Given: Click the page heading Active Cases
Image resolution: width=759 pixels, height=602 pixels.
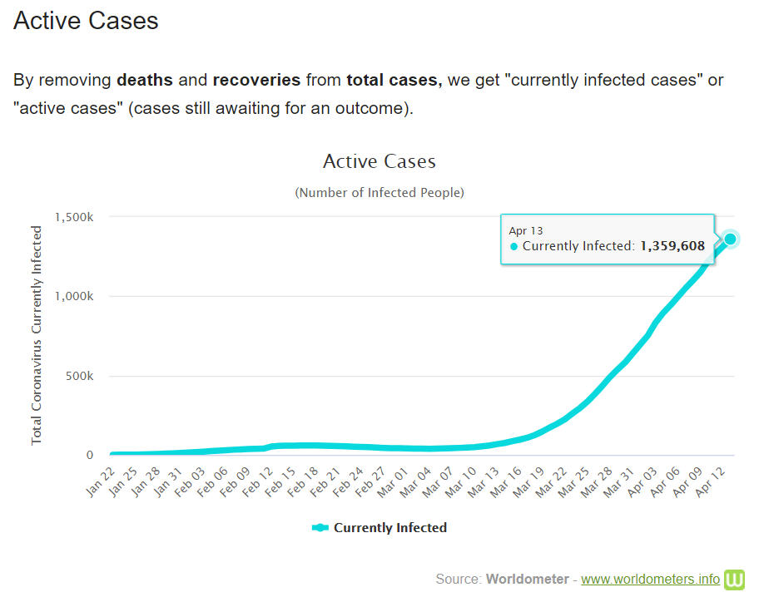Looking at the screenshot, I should click(x=86, y=21).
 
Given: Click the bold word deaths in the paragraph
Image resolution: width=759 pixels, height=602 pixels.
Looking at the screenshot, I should click(x=145, y=81).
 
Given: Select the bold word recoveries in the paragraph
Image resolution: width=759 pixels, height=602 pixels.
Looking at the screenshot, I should click(x=256, y=81).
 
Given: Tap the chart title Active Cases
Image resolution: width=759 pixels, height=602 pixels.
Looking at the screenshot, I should click(x=379, y=161).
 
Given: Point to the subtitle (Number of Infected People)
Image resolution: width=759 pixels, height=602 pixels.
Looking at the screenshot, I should click(x=379, y=193).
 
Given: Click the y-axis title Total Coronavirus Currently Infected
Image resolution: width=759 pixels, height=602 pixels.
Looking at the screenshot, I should click(x=37, y=334).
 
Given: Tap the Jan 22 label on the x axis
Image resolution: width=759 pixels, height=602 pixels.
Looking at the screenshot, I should click(x=100, y=481).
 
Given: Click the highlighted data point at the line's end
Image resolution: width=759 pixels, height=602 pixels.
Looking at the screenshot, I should click(x=730, y=239).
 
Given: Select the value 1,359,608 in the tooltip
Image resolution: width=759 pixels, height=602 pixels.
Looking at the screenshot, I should click(x=672, y=246).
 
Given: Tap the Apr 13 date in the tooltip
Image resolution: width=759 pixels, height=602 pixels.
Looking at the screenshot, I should click(x=526, y=230).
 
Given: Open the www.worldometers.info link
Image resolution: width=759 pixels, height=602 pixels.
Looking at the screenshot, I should click(x=650, y=579).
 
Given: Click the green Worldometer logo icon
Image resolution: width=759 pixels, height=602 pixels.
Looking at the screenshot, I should click(x=734, y=579).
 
